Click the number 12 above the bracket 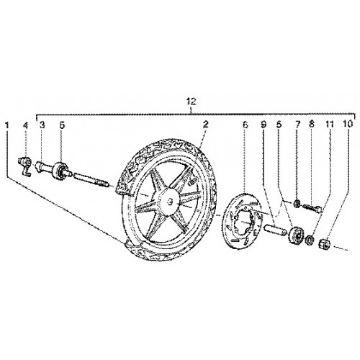(x=192, y=102)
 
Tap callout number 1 (x=7, y=125)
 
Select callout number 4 (x=25, y=125)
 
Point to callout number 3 (x=42, y=125)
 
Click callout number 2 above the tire (x=206, y=125)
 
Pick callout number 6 (x=245, y=125)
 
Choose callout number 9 (x=264, y=125)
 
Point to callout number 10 (x=348, y=124)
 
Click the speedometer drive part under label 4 (x=25, y=166)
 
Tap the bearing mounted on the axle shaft (x=59, y=171)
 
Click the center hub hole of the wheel (x=170, y=201)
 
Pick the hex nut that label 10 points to (x=324, y=245)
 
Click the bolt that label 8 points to (x=312, y=207)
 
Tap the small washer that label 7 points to (x=297, y=204)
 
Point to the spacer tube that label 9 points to (x=275, y=229)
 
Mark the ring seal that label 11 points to (x=310, y=240)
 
